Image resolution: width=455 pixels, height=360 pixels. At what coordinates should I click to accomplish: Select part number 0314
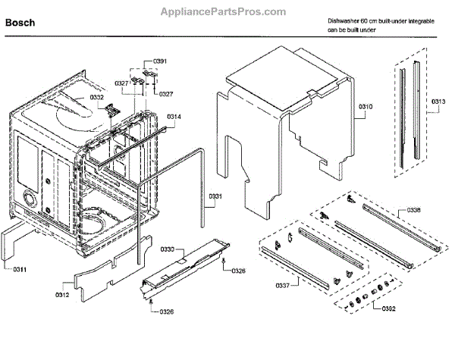tap(174, 116)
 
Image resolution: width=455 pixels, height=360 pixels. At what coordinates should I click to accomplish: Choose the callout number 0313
tap(440, 102)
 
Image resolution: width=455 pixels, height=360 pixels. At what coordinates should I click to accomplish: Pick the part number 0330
tap(168, 249)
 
